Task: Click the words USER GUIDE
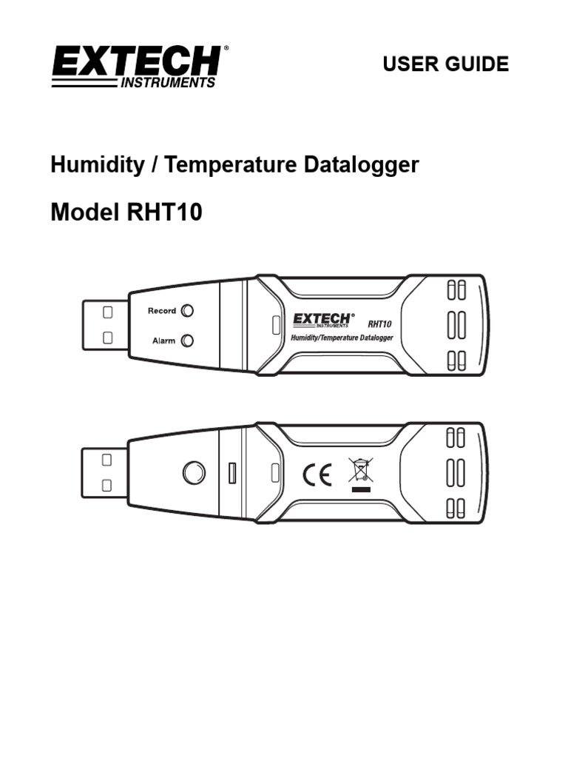(x=445, y=64)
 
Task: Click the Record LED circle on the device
(x=188, y=311)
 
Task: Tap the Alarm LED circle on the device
(x=188, y=341)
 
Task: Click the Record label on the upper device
(x=162, y=311)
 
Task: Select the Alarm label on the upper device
(x=163, y=341)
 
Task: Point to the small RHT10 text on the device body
(x=379, y=323)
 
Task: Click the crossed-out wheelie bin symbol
(x=360, y=469)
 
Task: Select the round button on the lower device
(x=194, y=472)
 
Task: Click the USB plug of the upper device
(x=104, y=324)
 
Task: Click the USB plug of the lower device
(x=104, y=472)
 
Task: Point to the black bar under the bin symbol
(x=360, y=489)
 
